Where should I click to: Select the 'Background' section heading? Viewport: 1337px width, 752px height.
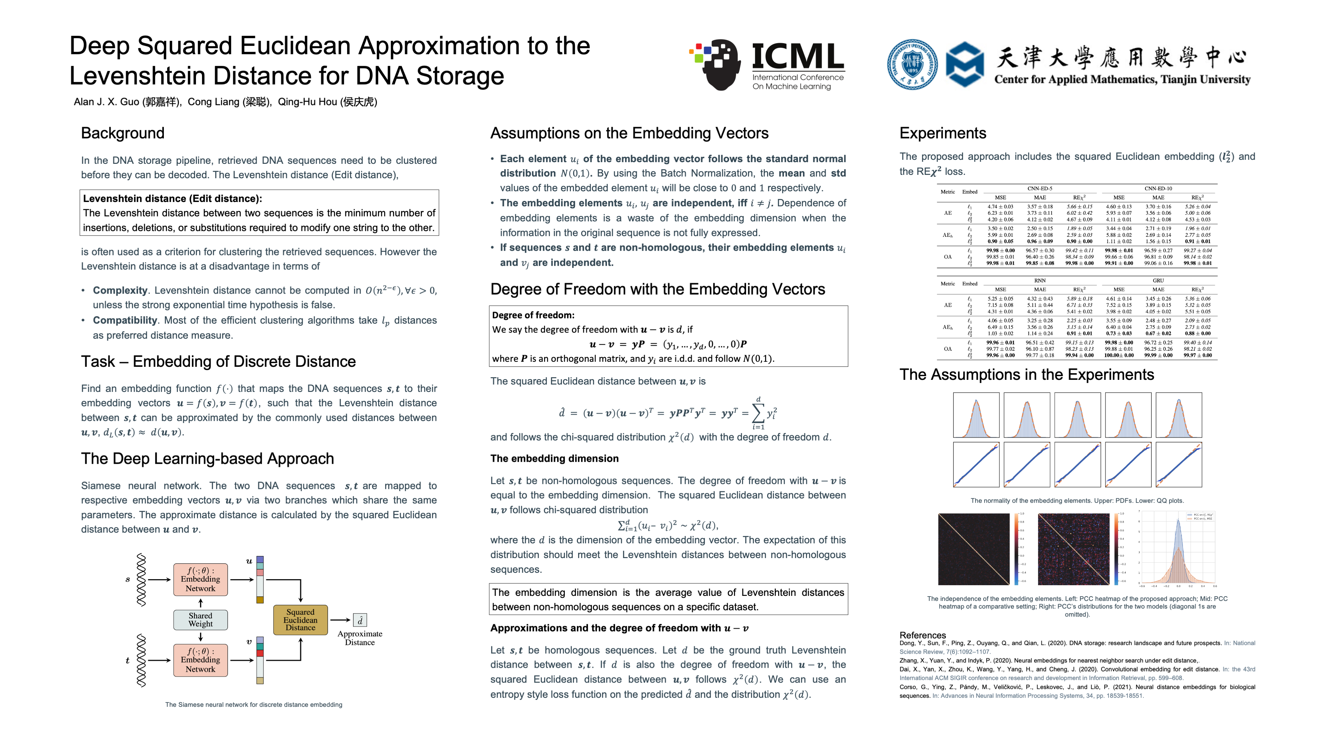pos(122,133)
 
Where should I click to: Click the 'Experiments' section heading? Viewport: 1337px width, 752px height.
pos(942,133)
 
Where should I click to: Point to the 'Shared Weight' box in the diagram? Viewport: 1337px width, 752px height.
pos(200,620)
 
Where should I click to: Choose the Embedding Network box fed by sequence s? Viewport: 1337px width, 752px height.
pos(200,579)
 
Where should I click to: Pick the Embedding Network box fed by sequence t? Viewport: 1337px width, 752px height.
pos(200,660)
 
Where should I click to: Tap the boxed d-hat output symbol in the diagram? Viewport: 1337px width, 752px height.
pos(360,620)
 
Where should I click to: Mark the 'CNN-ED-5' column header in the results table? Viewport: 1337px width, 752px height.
pos(1040,188)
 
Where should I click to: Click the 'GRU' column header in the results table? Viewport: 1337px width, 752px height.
pos(1158,280)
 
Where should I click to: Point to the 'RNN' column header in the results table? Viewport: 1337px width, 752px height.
pos(1040,280)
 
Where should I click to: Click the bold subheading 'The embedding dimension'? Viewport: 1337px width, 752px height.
pos(554,458)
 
